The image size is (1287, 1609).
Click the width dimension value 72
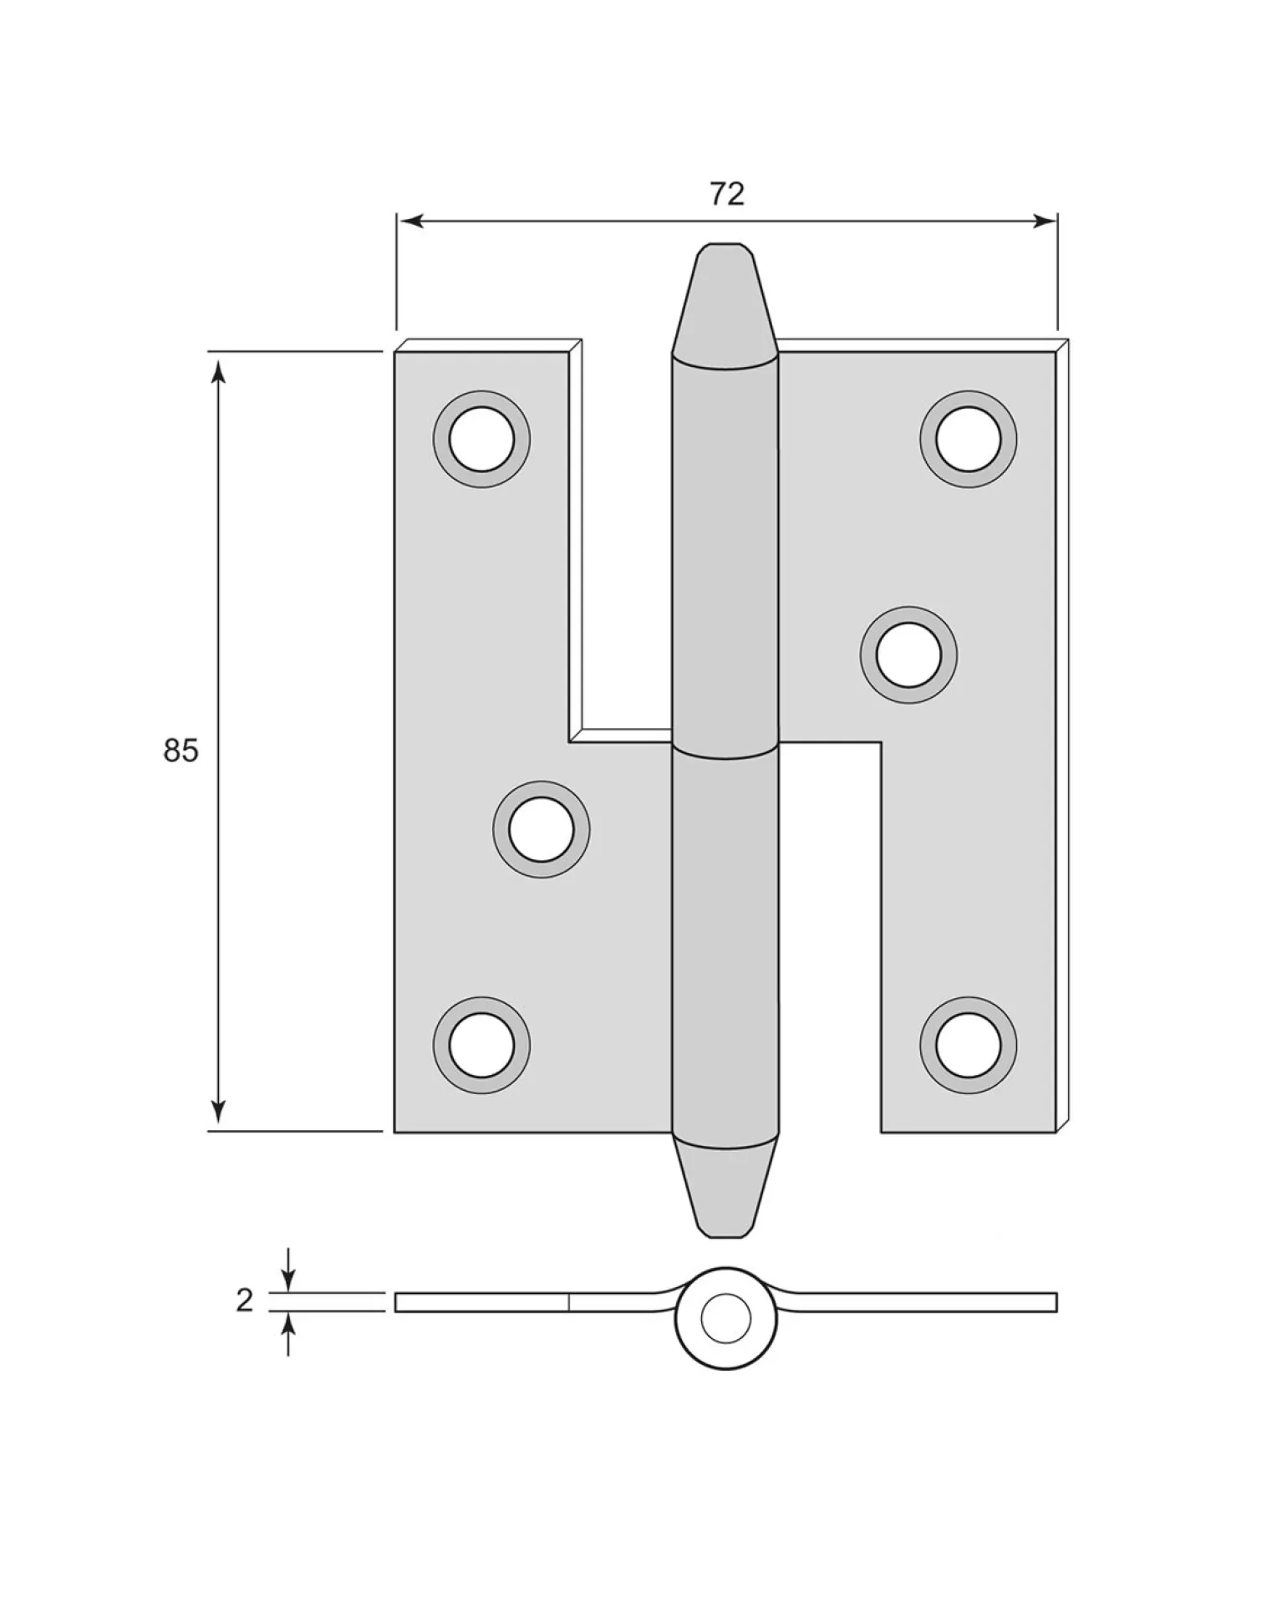[726, 194]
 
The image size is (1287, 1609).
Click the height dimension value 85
[181, 751]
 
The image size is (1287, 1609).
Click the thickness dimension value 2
[244, 1324]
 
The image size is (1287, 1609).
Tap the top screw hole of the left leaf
[481, 439]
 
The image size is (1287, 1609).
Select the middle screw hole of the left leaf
[542, 829]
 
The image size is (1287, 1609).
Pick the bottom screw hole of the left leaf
[481, 1045]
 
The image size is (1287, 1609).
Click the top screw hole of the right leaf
[969, 439]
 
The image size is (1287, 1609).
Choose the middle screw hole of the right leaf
[908, 654]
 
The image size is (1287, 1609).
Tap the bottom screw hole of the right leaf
[969, 1045]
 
